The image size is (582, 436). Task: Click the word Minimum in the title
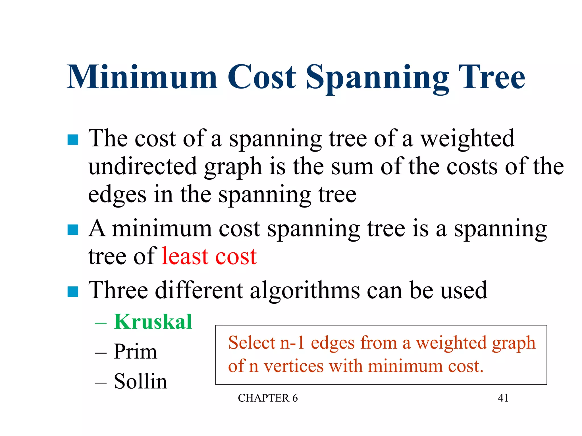[142, 77]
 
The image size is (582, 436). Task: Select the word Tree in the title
[494, 77]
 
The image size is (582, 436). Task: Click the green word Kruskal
[153, 322]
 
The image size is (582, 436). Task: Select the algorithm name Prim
[135, 351]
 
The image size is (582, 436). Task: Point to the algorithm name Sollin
[140, 381]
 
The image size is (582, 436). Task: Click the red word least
[185, 256]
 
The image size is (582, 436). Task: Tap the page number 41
[503, 398]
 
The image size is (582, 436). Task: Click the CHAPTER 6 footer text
[268, 398]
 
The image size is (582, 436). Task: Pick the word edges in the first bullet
[117, 195]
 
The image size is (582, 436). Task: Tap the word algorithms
[305, 290]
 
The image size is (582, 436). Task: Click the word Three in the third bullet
[118, 290]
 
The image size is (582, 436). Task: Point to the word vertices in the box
[294, 366]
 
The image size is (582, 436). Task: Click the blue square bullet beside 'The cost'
[73, 140]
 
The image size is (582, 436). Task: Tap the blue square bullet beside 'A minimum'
[73, 230]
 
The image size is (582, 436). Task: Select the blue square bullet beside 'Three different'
[73, 292]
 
